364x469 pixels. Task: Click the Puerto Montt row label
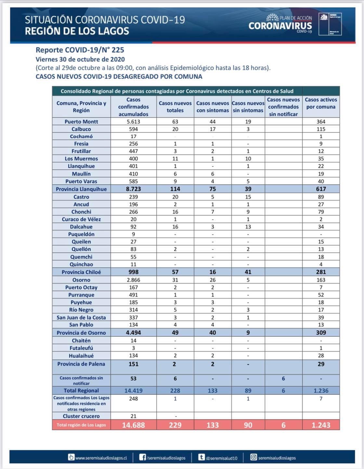[81, 121]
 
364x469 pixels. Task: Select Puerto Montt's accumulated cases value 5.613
[133, 121]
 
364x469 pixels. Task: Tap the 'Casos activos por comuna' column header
[321, 103]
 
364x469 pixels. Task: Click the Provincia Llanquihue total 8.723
[133, 189]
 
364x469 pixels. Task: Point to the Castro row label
[81, 197]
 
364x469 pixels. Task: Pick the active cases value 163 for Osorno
[321, 280]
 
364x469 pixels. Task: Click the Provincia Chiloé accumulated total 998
[133, 272]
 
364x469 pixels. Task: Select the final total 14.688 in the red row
[133, 425]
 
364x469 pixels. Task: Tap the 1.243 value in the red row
[321, 425]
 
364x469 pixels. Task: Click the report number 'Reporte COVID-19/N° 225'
[80, 50]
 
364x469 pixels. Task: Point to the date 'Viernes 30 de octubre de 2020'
[80, 59]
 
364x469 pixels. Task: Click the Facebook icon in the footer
[142, 457]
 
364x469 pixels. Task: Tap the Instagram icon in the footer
[253, 457]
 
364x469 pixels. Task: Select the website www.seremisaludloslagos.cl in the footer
[101, 458]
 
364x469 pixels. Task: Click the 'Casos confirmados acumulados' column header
[133, 107]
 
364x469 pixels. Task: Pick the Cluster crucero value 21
[133, 416]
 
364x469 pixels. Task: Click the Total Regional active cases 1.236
[321, 391]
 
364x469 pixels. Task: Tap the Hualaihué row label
[81, 356]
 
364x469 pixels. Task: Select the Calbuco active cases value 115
[321, 129]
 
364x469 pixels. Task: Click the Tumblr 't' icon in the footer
[201, 457]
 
